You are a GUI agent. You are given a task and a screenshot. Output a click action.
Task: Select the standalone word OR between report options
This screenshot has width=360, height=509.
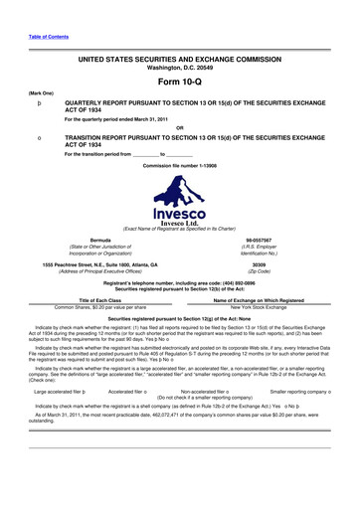click(179, 126)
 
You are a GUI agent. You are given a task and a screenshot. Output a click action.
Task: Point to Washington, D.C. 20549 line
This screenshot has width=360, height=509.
click(179, 66)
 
